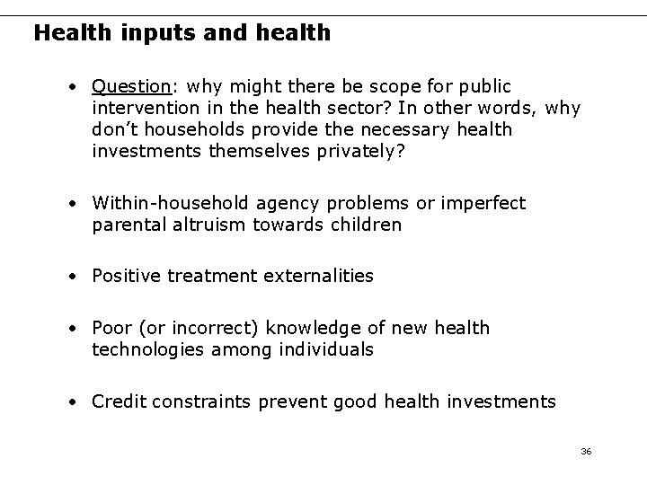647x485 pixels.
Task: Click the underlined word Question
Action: [x=131, y=87]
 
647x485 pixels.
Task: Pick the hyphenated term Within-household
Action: [x=170, y=203]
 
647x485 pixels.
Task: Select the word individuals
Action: [x=324, y=349]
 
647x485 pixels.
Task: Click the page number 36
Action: [x=586, y=451]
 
